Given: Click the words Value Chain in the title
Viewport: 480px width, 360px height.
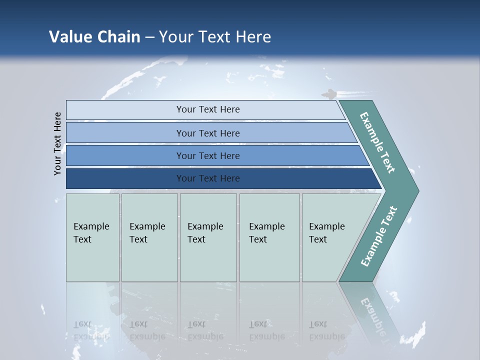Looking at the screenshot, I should tap(94, 36).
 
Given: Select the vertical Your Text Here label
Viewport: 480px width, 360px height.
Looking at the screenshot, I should tap(57, 143).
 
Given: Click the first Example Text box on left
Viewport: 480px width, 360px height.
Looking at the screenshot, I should tap(92, 237).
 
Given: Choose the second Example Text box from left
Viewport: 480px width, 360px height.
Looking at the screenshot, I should tap(149, 237).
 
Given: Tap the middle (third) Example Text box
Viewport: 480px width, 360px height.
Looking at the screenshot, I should tap(208, 237).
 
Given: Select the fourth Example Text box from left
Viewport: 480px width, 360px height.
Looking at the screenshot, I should tap(269, 237).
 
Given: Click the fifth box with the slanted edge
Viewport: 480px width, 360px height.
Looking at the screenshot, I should tap(330, 237).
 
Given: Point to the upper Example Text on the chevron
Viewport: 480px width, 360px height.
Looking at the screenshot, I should tap(378, 142).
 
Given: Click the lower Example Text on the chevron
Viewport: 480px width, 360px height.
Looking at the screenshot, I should tap(378, 236).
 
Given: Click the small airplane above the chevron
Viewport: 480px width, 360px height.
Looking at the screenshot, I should tap(328, 93).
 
